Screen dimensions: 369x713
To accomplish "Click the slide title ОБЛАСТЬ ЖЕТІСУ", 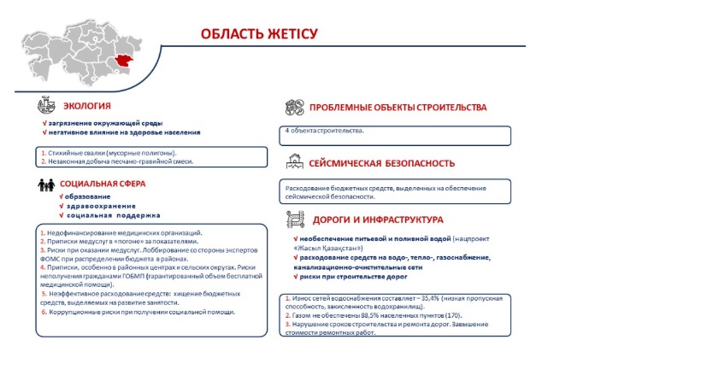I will pos(259,34).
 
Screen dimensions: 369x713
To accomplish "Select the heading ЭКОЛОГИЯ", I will pos(87,106).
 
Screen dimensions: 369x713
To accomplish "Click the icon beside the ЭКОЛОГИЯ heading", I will pos(46,106).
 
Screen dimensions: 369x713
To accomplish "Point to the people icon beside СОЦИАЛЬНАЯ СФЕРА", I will pos(45,184).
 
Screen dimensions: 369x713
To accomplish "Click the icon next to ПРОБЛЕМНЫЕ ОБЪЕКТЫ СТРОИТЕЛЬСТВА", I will pos(294,108).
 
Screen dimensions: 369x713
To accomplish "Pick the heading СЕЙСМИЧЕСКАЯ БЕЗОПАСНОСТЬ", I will pos(382,162).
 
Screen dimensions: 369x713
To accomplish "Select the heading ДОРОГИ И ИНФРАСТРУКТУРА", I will pos(377,219).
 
